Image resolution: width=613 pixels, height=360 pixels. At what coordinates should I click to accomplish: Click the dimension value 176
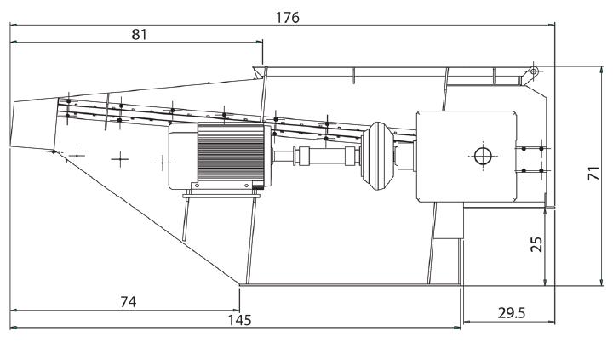(x=288, y=18)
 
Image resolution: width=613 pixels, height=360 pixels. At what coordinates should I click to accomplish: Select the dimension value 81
(x=139, y=35)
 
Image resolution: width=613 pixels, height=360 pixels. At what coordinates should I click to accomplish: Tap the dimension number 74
(x=129, y=302)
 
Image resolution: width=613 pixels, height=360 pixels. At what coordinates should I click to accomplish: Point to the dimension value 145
(x=239, y=320)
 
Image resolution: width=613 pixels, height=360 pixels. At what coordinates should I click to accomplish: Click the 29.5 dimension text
(x=512, y=313)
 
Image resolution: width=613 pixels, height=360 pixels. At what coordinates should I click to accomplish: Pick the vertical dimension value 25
(x=538, y=244)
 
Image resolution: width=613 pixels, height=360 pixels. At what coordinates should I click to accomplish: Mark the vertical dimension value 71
(x=593, y=173)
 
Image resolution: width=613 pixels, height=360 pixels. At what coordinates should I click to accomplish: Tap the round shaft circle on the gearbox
(x=483, y=156)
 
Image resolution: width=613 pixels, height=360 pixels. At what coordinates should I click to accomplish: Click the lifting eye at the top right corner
(x=534, y=71)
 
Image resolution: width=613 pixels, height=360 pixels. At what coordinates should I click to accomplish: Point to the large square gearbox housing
(x=467, y=157)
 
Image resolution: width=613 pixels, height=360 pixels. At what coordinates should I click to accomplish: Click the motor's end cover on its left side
(x=183, y=156)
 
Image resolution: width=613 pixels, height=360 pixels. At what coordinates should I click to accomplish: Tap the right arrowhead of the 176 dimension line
(x=551, y=25)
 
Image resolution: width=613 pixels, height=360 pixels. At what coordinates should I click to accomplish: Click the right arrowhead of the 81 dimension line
(x=259, y=42)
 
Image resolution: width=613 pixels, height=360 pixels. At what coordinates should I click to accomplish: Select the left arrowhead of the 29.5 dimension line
(x=467, y=323)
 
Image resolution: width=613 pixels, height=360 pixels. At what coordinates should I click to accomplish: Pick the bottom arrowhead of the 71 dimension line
(x=601, y=282)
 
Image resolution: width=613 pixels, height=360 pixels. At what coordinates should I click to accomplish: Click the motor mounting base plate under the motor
(x=221, y=196)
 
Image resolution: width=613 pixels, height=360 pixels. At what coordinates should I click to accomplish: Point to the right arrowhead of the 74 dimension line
(x=235, y=311)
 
